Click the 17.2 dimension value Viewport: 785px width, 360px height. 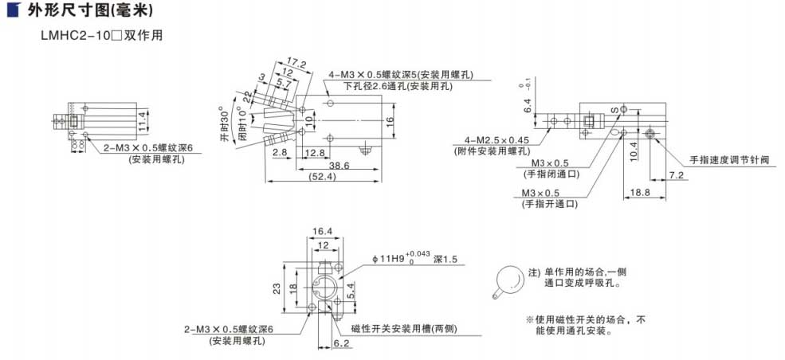pos(296,62)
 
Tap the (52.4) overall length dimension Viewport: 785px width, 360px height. pos(322,177)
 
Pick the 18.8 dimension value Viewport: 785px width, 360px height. pos(641,192)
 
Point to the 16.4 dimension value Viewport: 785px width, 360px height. pos(321,232)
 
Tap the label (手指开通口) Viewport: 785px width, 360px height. pos(550,204)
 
